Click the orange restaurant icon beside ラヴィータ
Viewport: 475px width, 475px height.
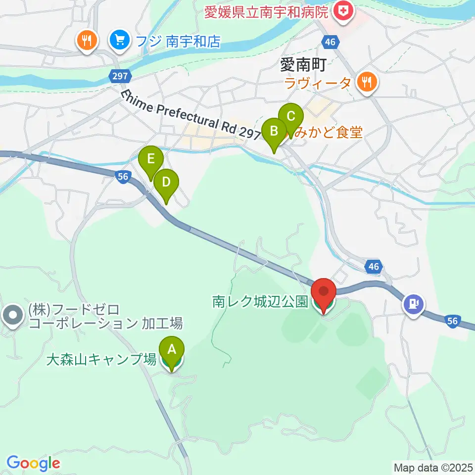coord(367,82)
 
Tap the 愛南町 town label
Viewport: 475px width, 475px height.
coord(301,64)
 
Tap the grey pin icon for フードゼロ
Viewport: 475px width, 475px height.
coord(12,315)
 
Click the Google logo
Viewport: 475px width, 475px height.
coord(33,463)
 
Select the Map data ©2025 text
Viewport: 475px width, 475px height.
coord(433,467)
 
